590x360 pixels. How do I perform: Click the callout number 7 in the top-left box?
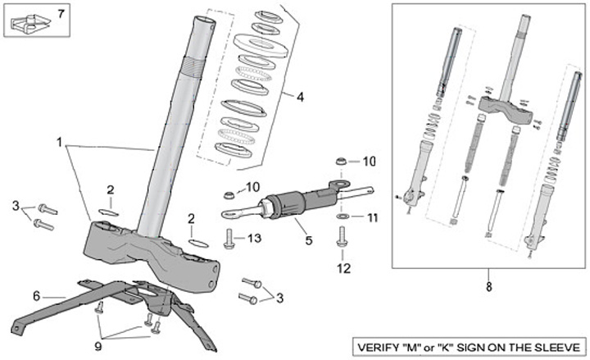[x=59, y=14]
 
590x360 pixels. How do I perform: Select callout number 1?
[x=60, y=142]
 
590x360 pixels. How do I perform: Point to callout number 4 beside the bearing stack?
[x=299, y=97]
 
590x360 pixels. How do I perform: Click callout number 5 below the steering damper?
[x=309, y=240]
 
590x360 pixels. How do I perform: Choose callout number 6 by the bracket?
[x=36, y=295]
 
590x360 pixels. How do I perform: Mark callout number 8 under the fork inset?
[x=490, y=288]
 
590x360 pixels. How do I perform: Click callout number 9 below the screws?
[x=99, y=347]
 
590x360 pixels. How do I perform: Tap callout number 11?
[x=373, y=218]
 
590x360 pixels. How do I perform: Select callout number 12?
[x=343, y=267]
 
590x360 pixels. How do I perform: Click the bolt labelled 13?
[x=229, y=239]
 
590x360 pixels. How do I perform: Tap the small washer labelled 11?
[x=346, y=217]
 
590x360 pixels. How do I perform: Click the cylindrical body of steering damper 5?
[x=285, y=204]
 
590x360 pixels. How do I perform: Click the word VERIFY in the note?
[x=379, y=345]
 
